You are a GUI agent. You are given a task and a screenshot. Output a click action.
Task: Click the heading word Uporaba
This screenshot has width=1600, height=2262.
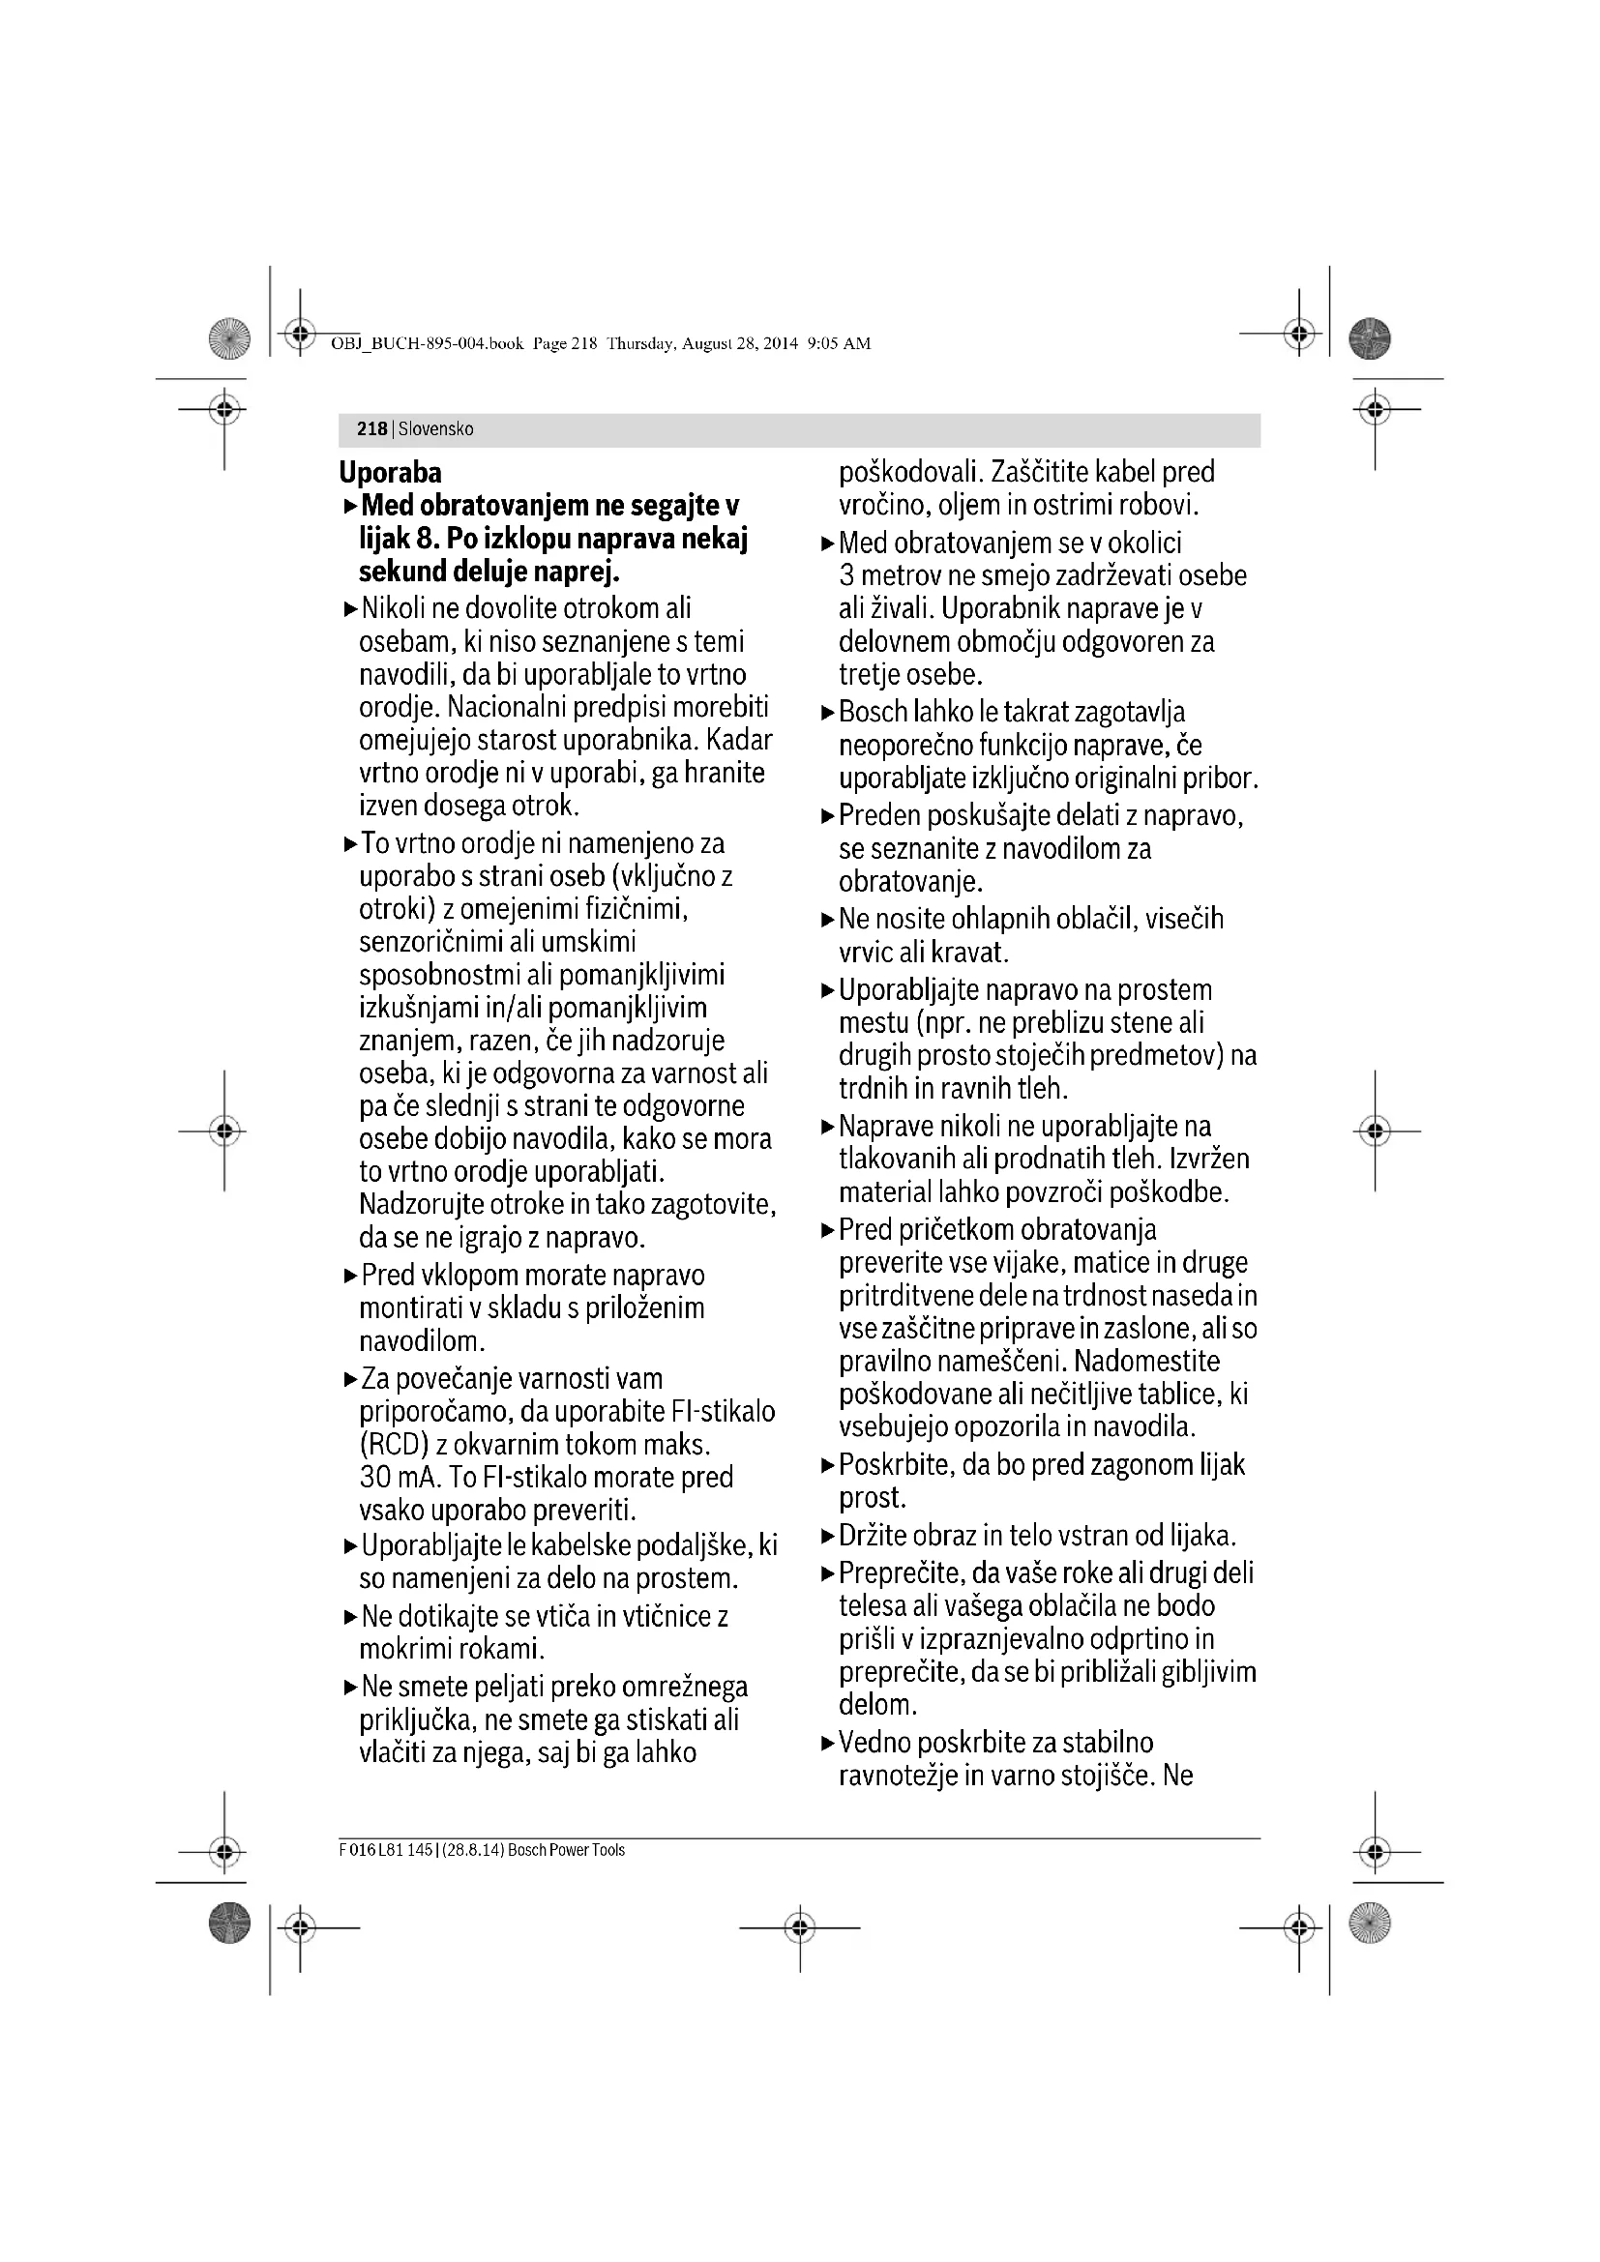[390, 473]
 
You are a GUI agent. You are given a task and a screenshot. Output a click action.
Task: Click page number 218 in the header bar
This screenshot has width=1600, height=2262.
[371, 429]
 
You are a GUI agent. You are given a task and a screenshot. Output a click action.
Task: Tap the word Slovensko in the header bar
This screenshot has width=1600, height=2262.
[435, 429]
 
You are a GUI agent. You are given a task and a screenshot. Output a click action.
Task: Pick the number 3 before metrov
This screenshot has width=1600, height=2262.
[847, 575]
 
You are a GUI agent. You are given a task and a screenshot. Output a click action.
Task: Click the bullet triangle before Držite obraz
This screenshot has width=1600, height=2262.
[828, 1536]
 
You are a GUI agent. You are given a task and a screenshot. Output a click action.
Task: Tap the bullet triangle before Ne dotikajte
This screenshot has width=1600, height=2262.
[351, 1617]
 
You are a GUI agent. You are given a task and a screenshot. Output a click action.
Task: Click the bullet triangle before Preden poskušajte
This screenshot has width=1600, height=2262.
[828, 816]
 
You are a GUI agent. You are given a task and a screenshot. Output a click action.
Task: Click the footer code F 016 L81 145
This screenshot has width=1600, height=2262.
[385, 1850]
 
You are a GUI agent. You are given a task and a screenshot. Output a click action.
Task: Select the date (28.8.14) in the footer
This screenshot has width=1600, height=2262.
[471, 1850]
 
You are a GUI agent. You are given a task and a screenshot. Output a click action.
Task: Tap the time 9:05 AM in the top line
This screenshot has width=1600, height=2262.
[839, 344]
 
